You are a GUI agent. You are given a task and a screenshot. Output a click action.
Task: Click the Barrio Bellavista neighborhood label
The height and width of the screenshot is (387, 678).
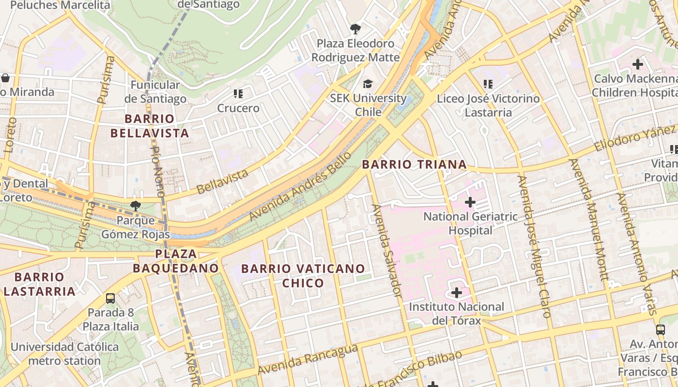point(149,126)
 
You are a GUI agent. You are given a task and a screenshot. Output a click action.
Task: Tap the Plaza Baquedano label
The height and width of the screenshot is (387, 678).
point(176,261)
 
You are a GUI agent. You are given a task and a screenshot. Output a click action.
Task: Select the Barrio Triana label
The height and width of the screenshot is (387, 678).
point(414,164)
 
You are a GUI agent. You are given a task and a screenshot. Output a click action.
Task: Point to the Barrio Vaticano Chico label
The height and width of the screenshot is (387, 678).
point(303,276)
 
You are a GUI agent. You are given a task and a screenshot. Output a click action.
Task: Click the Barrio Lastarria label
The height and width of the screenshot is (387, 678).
point(39,284)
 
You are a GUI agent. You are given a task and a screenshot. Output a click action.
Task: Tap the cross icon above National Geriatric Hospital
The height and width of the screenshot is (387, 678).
point(470,202)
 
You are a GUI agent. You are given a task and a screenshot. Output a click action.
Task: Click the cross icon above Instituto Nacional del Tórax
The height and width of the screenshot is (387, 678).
point(456,292)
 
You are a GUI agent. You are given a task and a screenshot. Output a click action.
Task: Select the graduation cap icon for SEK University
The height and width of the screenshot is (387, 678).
point(368,84)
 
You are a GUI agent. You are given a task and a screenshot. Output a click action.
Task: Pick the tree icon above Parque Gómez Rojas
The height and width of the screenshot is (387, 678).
point(136,206)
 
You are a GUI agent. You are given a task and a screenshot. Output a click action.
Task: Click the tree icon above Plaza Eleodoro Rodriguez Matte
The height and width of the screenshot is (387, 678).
point(355,29)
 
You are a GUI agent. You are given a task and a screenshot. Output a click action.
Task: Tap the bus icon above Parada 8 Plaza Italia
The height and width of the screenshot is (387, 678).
point(110,298)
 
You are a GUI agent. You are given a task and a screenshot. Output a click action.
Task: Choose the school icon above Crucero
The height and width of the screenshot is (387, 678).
point(238,94)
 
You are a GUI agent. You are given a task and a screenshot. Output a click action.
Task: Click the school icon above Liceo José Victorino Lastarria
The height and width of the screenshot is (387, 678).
point(488,85)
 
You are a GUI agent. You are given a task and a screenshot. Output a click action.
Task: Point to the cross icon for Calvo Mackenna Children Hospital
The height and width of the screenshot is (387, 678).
point(638,64)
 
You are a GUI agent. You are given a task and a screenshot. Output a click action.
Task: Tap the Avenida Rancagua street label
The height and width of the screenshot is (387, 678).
point(308,360)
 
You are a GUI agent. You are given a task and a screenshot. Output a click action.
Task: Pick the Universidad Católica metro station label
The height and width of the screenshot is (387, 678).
point(64,354)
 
